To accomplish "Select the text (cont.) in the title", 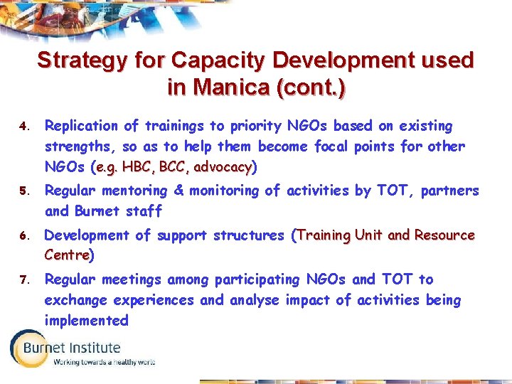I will click(311, 87).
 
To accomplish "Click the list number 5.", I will click(23, 192).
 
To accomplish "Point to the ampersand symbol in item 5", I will click(178, 191).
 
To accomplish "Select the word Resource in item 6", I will click(444, 235).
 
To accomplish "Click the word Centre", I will click(66, 255).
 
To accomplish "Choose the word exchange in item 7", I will click(75, 300).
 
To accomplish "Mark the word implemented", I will click(86, 321).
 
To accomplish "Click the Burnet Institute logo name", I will click(71, 348).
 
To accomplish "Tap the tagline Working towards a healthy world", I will click(105, 362).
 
